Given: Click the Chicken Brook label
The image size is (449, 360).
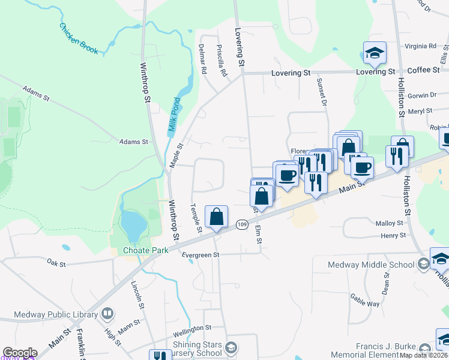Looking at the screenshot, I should [78, 38].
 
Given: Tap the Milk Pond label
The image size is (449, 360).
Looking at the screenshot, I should [174, 115].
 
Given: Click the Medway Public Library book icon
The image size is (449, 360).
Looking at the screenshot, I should [107, 314].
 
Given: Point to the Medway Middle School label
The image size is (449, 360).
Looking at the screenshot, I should [370, 265].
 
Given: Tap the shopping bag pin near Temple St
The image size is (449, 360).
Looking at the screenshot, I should [216, 218].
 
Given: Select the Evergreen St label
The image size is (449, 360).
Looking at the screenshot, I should [200, 255].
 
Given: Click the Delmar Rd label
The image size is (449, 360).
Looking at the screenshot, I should [203, 59].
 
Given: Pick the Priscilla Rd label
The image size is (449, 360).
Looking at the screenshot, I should [222, 61].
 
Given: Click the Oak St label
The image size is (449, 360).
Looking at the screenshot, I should [56, 262].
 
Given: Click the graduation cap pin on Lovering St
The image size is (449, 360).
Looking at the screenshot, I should [375, 53].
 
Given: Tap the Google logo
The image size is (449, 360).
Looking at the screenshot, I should [20, 353].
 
